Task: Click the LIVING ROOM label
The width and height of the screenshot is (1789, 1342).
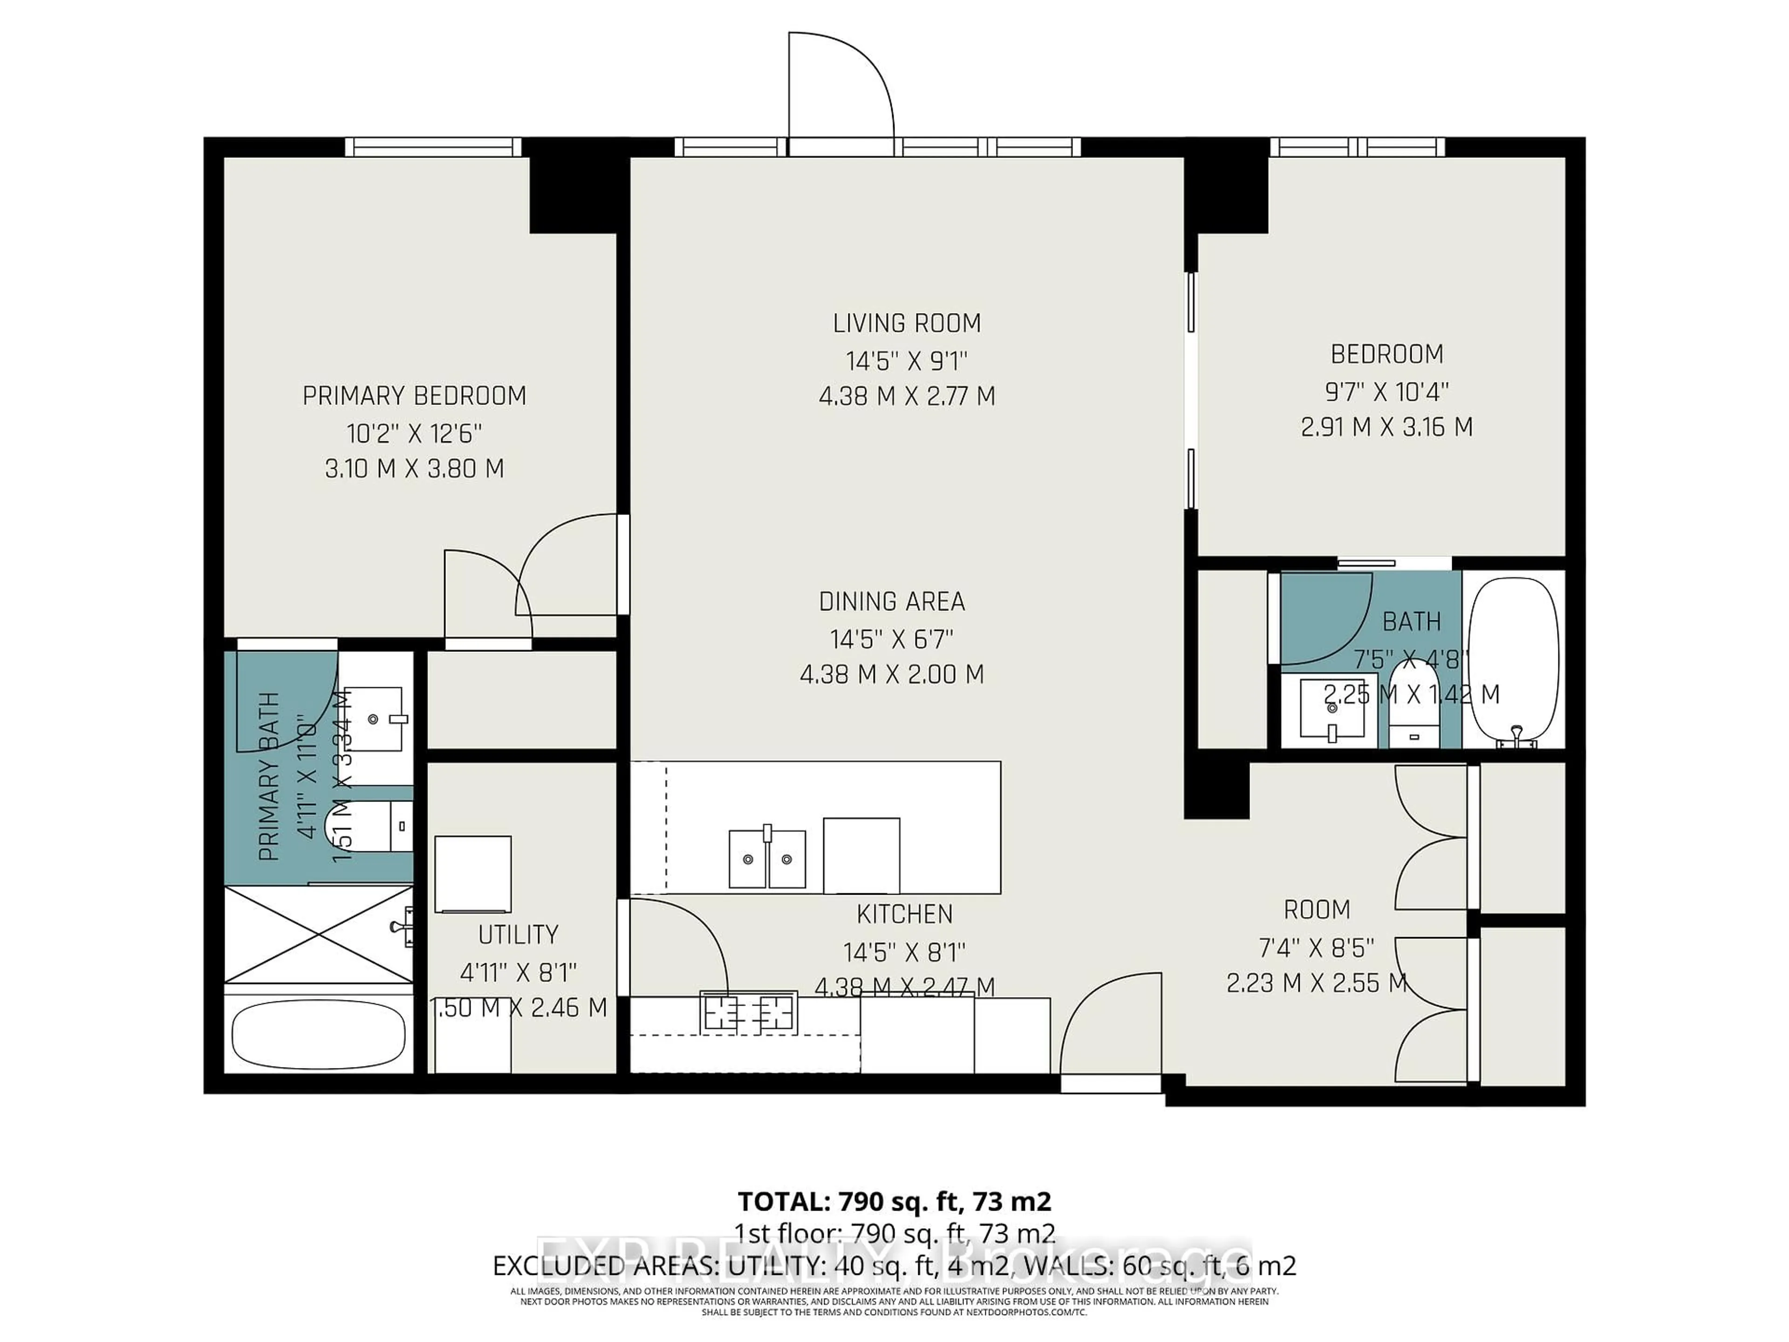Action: tap(907, 323)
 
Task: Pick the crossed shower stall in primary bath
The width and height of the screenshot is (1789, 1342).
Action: tap(318, 934)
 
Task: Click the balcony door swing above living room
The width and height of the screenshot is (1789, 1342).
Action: tap(841, 89)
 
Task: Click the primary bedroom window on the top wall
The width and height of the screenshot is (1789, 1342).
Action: tap(433, 146)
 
